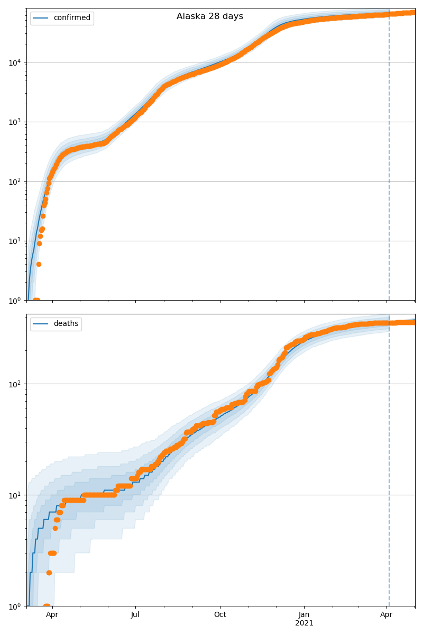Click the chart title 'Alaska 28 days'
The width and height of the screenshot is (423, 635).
click(x=210, y=16)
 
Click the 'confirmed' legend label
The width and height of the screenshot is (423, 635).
click(x=72, y=18)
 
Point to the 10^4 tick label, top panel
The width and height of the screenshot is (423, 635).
click(x=15, y=62)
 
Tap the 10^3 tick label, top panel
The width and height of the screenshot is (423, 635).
click(x=15, y=122)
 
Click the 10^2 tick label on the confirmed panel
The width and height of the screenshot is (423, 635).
click(x=15, y=182)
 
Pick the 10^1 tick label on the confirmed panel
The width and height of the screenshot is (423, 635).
click(x=15, y=241)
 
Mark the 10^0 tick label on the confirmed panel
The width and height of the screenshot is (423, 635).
click(x=15, y=300)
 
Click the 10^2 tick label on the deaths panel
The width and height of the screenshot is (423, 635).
click(x=15, y=384)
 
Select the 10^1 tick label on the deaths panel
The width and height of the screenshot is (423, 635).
click(x=15, y=495)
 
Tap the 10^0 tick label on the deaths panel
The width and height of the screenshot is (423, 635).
click(x=15, y=606)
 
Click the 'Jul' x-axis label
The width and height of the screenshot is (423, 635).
click(x=135, y=615)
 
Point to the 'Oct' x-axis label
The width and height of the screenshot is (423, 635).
click(x=220, y=615)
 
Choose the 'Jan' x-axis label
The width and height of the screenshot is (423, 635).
click(x=304, y=615)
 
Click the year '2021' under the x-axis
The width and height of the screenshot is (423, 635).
click(x=304, y=623)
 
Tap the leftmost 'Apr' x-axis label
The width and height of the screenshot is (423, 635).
click(x=52, y=615)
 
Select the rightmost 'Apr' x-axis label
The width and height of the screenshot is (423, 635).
click(x=387, y=615)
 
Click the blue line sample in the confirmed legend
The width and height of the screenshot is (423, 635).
click(x=42, y=18)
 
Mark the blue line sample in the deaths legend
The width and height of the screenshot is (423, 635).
click(x=42, y=324)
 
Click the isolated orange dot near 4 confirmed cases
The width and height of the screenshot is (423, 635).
click(x=39, y=264)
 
